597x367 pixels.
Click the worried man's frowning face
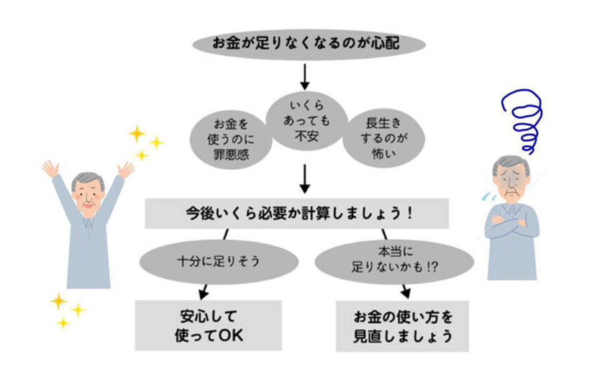coord(513,181)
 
